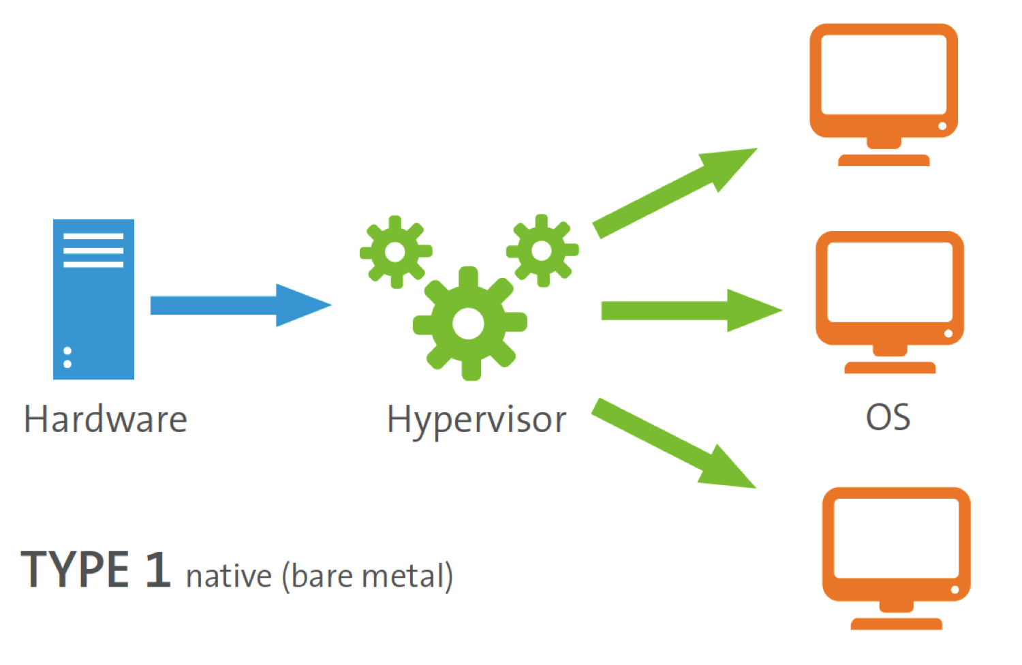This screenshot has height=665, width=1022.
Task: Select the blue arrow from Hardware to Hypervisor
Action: point(238,305)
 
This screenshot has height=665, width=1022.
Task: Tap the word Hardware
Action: point(106,419)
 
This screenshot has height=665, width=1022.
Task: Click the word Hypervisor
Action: point(476,420)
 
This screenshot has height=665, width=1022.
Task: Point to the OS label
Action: point(888,418)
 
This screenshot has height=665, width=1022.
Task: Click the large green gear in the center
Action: point(469,324)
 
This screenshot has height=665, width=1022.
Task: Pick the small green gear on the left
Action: point(395,251)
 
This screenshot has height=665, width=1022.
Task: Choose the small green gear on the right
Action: point(542,250)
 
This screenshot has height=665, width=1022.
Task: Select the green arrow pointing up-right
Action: point(675,192)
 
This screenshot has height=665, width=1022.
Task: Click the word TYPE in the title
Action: point(75,570)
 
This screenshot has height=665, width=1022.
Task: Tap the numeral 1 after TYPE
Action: point(158,570)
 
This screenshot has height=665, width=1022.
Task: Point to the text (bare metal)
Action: point(367,576)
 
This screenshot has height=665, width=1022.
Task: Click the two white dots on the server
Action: point(67,357)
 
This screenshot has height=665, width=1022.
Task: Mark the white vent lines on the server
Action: point(93,250)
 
